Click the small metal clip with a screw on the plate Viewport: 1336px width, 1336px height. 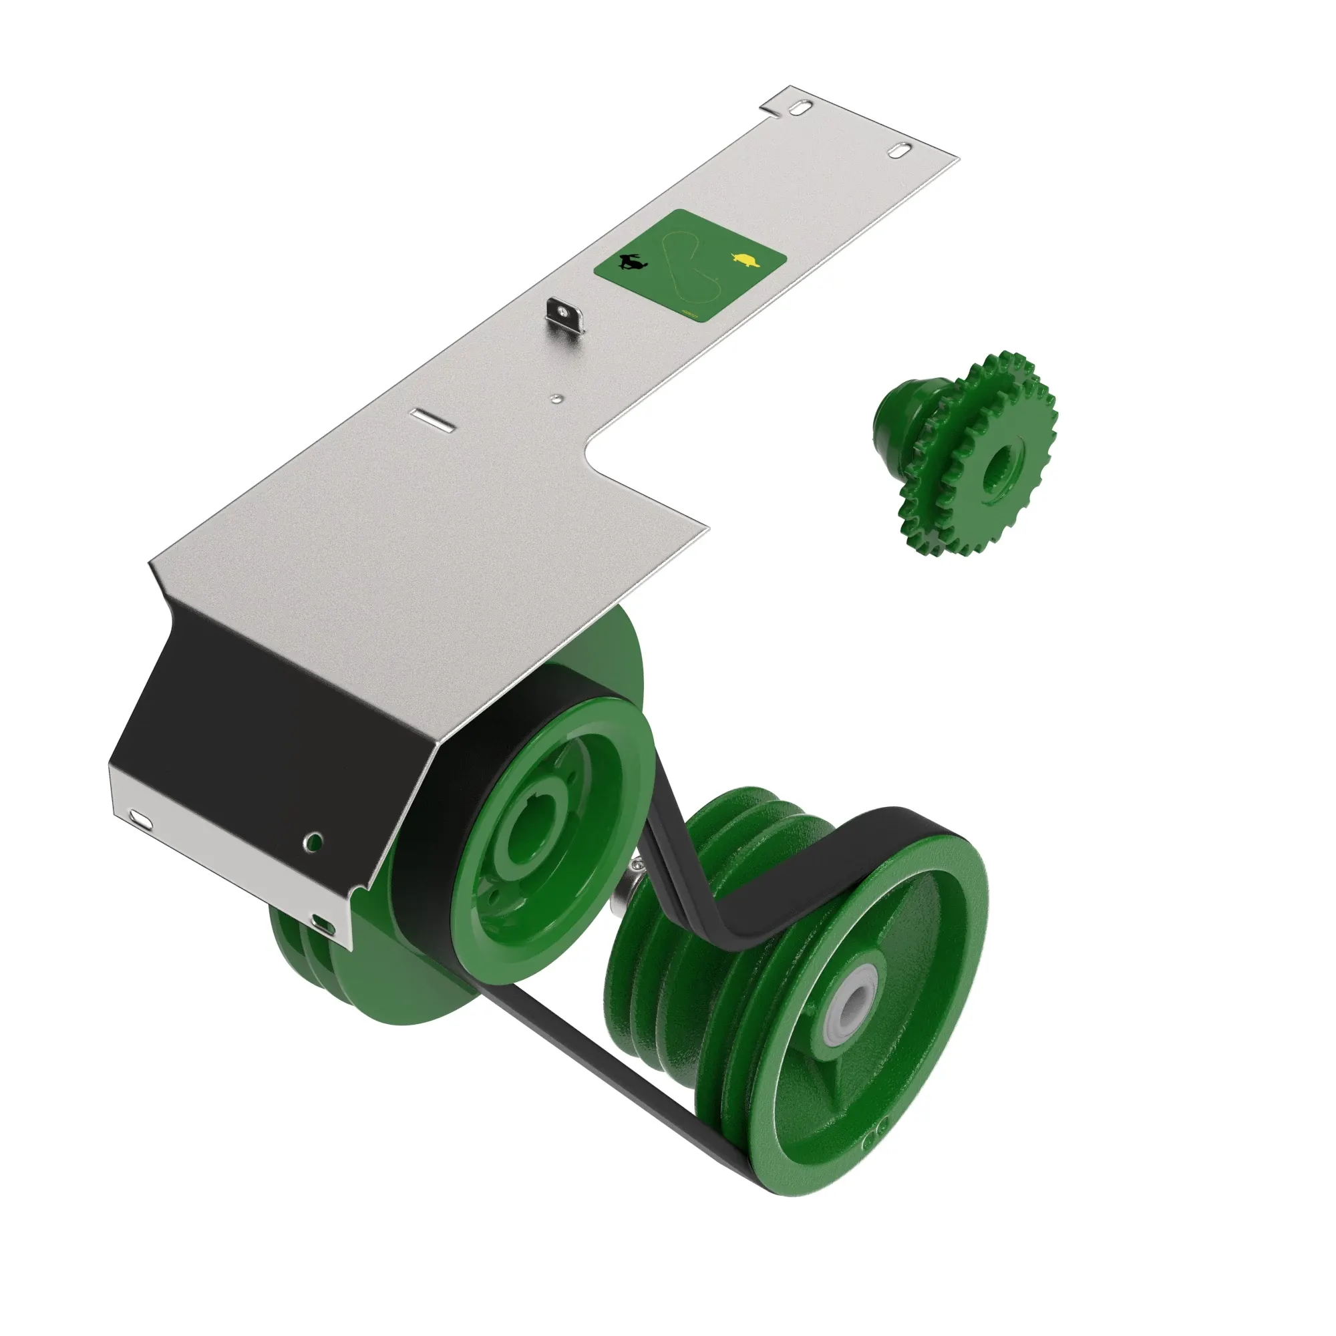pos(566,315)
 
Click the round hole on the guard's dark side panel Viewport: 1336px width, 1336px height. pos(314,841)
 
